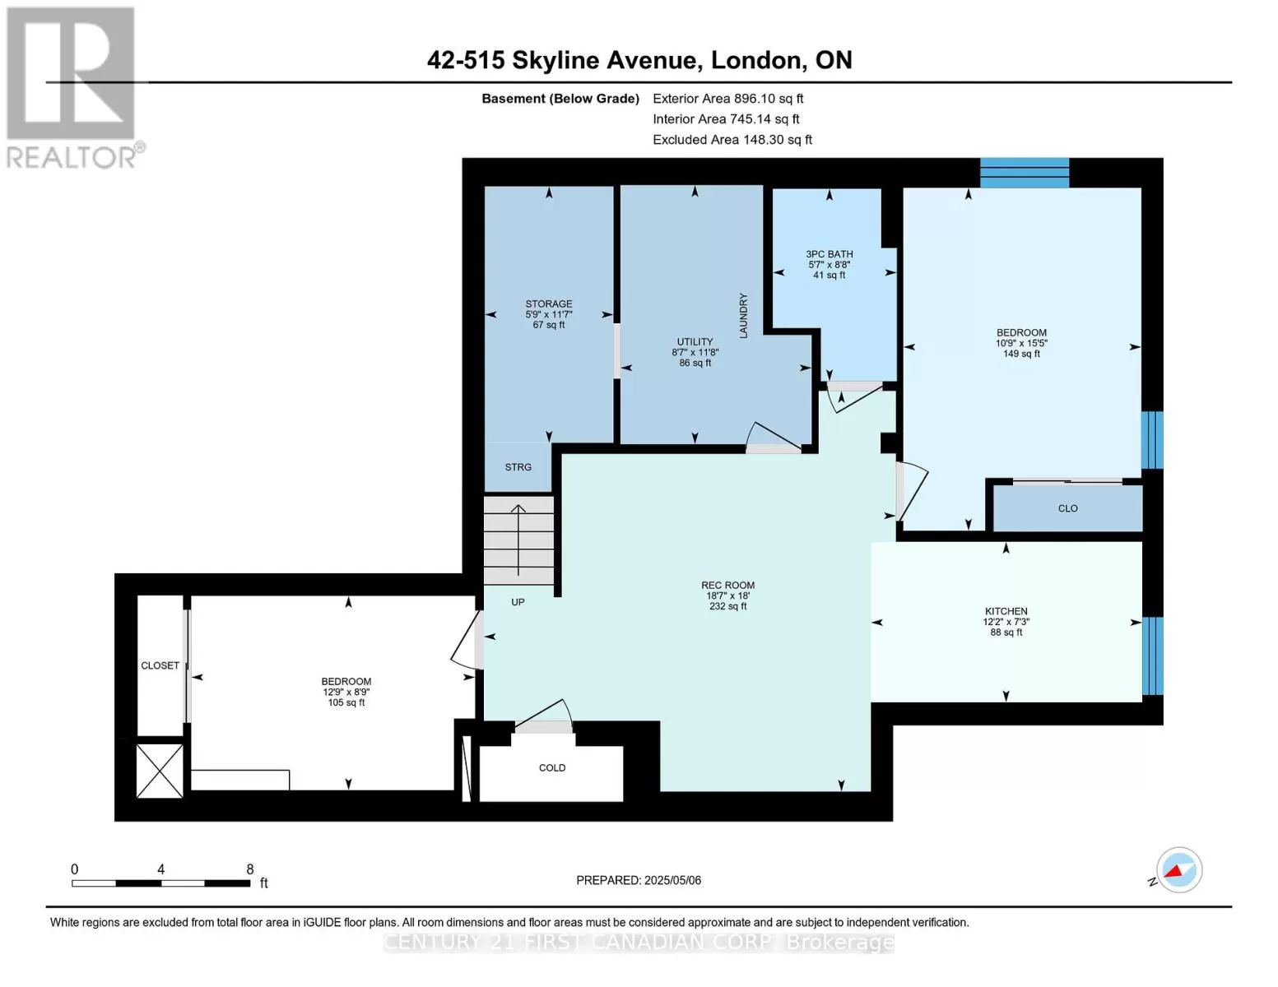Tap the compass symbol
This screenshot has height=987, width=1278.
pos(1178,870)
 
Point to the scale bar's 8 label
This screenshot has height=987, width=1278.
pos(250,869)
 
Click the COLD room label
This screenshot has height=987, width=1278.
pos(551,767)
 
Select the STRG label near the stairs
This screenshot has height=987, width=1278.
pos(518,467)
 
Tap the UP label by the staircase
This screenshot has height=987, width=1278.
pos(518,602)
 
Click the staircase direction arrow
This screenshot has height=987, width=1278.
pos(518,540)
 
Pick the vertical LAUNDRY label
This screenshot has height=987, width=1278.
pos(743,316)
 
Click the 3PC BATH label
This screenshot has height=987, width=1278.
pos(830,254)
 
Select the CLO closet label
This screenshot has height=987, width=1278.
pos(1067,508)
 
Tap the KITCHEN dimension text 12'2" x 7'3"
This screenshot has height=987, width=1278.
pos(1006,622)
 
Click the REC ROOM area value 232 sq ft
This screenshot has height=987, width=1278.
pos(727,606)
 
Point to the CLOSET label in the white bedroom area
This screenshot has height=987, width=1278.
pos(160,665)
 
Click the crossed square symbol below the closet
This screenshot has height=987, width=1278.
pos(160,771)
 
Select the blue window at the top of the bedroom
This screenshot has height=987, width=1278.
pos(1024,173)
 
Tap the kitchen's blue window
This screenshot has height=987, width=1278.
pos(1152,656)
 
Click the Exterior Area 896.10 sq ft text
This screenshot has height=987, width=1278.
pos(728,99)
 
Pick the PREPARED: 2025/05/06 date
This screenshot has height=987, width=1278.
pos(639,880)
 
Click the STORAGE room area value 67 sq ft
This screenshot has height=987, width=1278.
pos(549,325)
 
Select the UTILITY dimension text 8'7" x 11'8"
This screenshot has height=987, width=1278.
pos(695,352)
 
